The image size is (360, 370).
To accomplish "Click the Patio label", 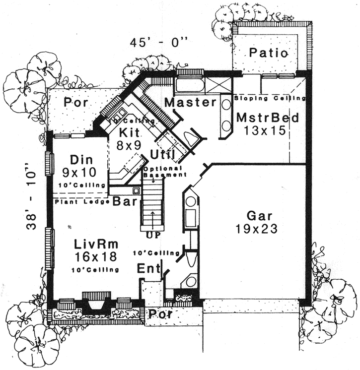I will (x=269, y=53).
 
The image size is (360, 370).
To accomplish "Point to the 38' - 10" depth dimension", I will (x=32, y=200).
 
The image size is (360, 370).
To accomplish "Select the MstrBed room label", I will (x=267, y=118).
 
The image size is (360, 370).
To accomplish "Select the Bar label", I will (x=122, y=201).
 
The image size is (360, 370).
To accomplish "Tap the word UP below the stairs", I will (x=153, y=235).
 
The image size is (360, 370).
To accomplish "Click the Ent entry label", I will (x=149, y=269).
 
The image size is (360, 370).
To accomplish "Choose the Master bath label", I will (x=190, y=103).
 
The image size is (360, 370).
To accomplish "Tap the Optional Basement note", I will (x=164, y=172).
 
